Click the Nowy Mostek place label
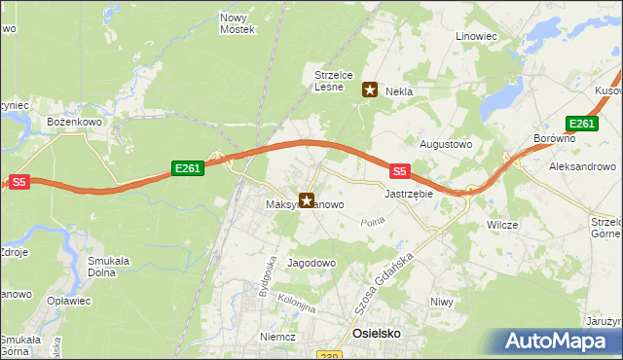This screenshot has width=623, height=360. pos(237,23)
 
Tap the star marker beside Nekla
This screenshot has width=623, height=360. pos(370,90)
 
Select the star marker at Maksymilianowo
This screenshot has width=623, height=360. pos(308,201)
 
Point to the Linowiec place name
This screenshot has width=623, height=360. pos(476,36)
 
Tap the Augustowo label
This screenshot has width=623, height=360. pos(445,143)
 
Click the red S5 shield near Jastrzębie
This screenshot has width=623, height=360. pos(399,170)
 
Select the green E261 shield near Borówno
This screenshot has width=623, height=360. pos(581,124)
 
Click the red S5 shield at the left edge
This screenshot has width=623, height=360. pos(20,181)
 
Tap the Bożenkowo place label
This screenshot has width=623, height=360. pos(75,122)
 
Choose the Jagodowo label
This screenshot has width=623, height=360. pos(311,264)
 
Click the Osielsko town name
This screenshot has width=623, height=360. pos(375,334)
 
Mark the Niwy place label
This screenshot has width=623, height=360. pos(442,302)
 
